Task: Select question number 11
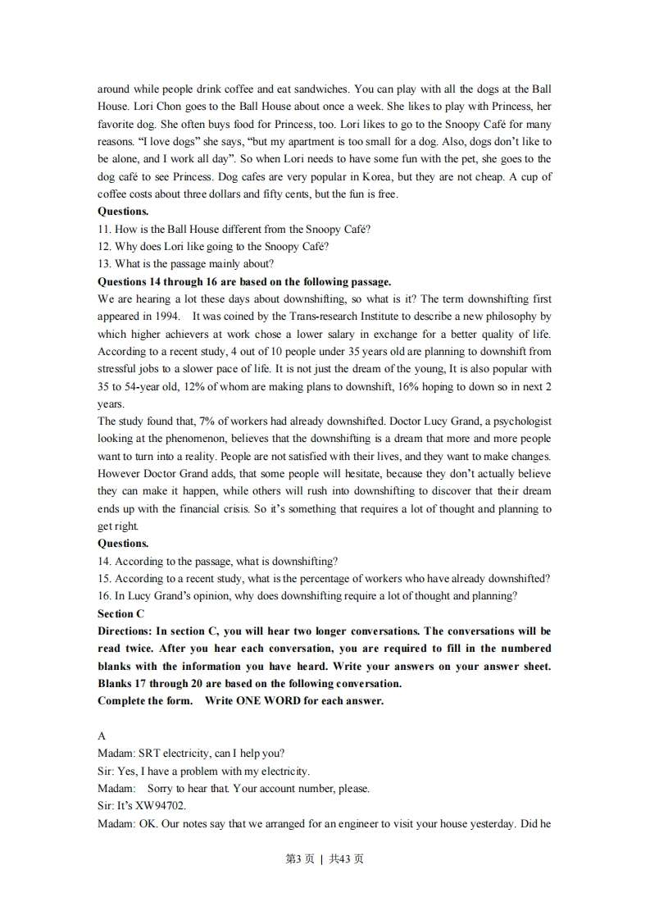click(104, 229)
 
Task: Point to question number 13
click(104, 264)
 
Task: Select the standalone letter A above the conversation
click(102, 736)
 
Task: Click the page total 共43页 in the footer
click(347, 859)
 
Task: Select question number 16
click(104, 596)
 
